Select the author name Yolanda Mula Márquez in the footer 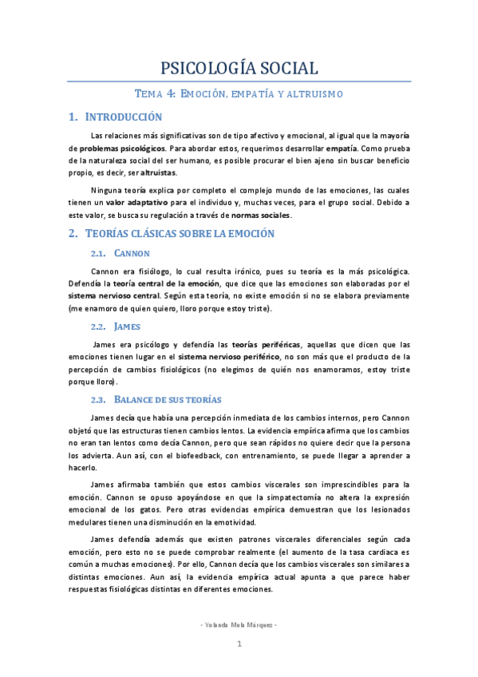click(238, 624)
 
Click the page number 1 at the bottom click(239, 644)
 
